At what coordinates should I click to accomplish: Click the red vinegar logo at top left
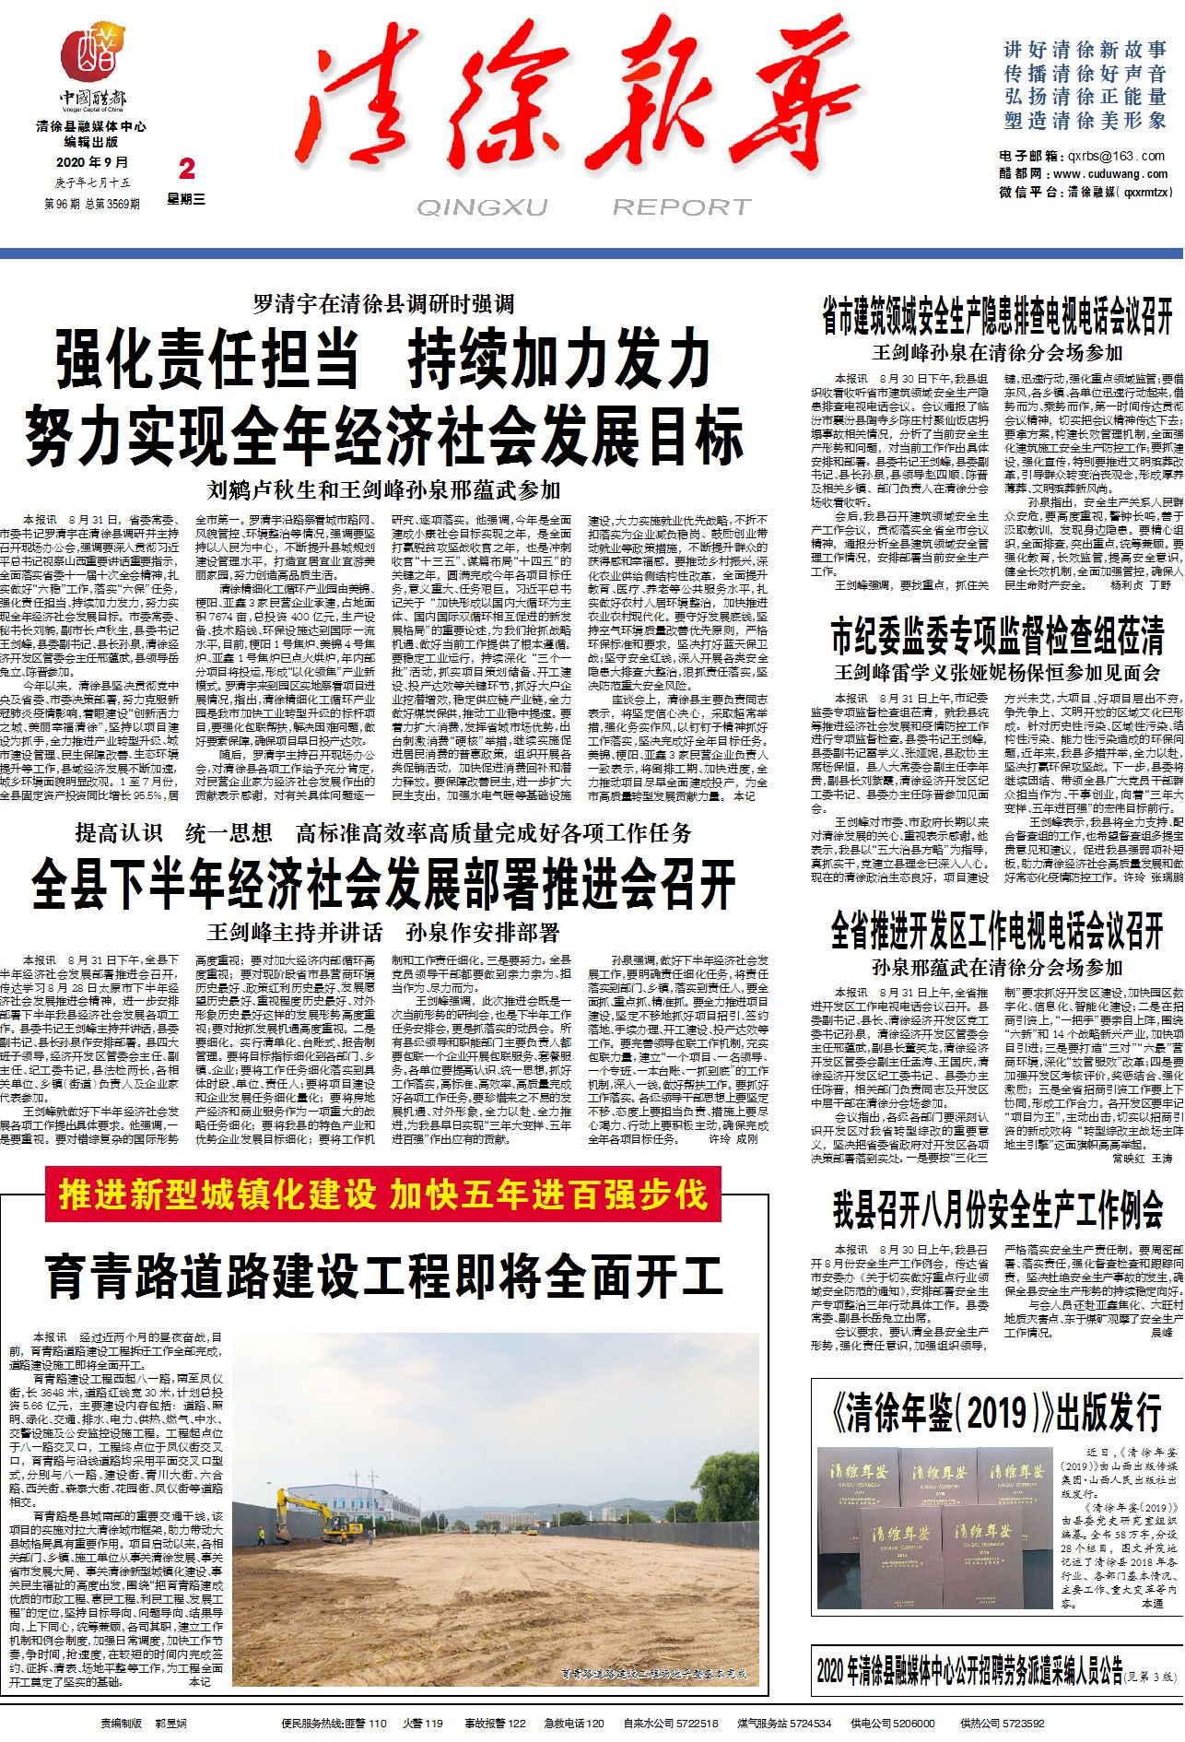(93, 53)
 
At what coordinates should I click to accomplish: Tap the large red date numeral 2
(187, 169)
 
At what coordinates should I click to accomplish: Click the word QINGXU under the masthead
(482, 207)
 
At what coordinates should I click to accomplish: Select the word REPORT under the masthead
(681, 207)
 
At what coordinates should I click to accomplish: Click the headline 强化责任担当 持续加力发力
(383, 359)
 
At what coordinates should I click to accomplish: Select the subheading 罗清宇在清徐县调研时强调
(383, 304)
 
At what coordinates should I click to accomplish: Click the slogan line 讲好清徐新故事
(1085, 50)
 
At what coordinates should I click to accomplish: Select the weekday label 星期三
(186, 199)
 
